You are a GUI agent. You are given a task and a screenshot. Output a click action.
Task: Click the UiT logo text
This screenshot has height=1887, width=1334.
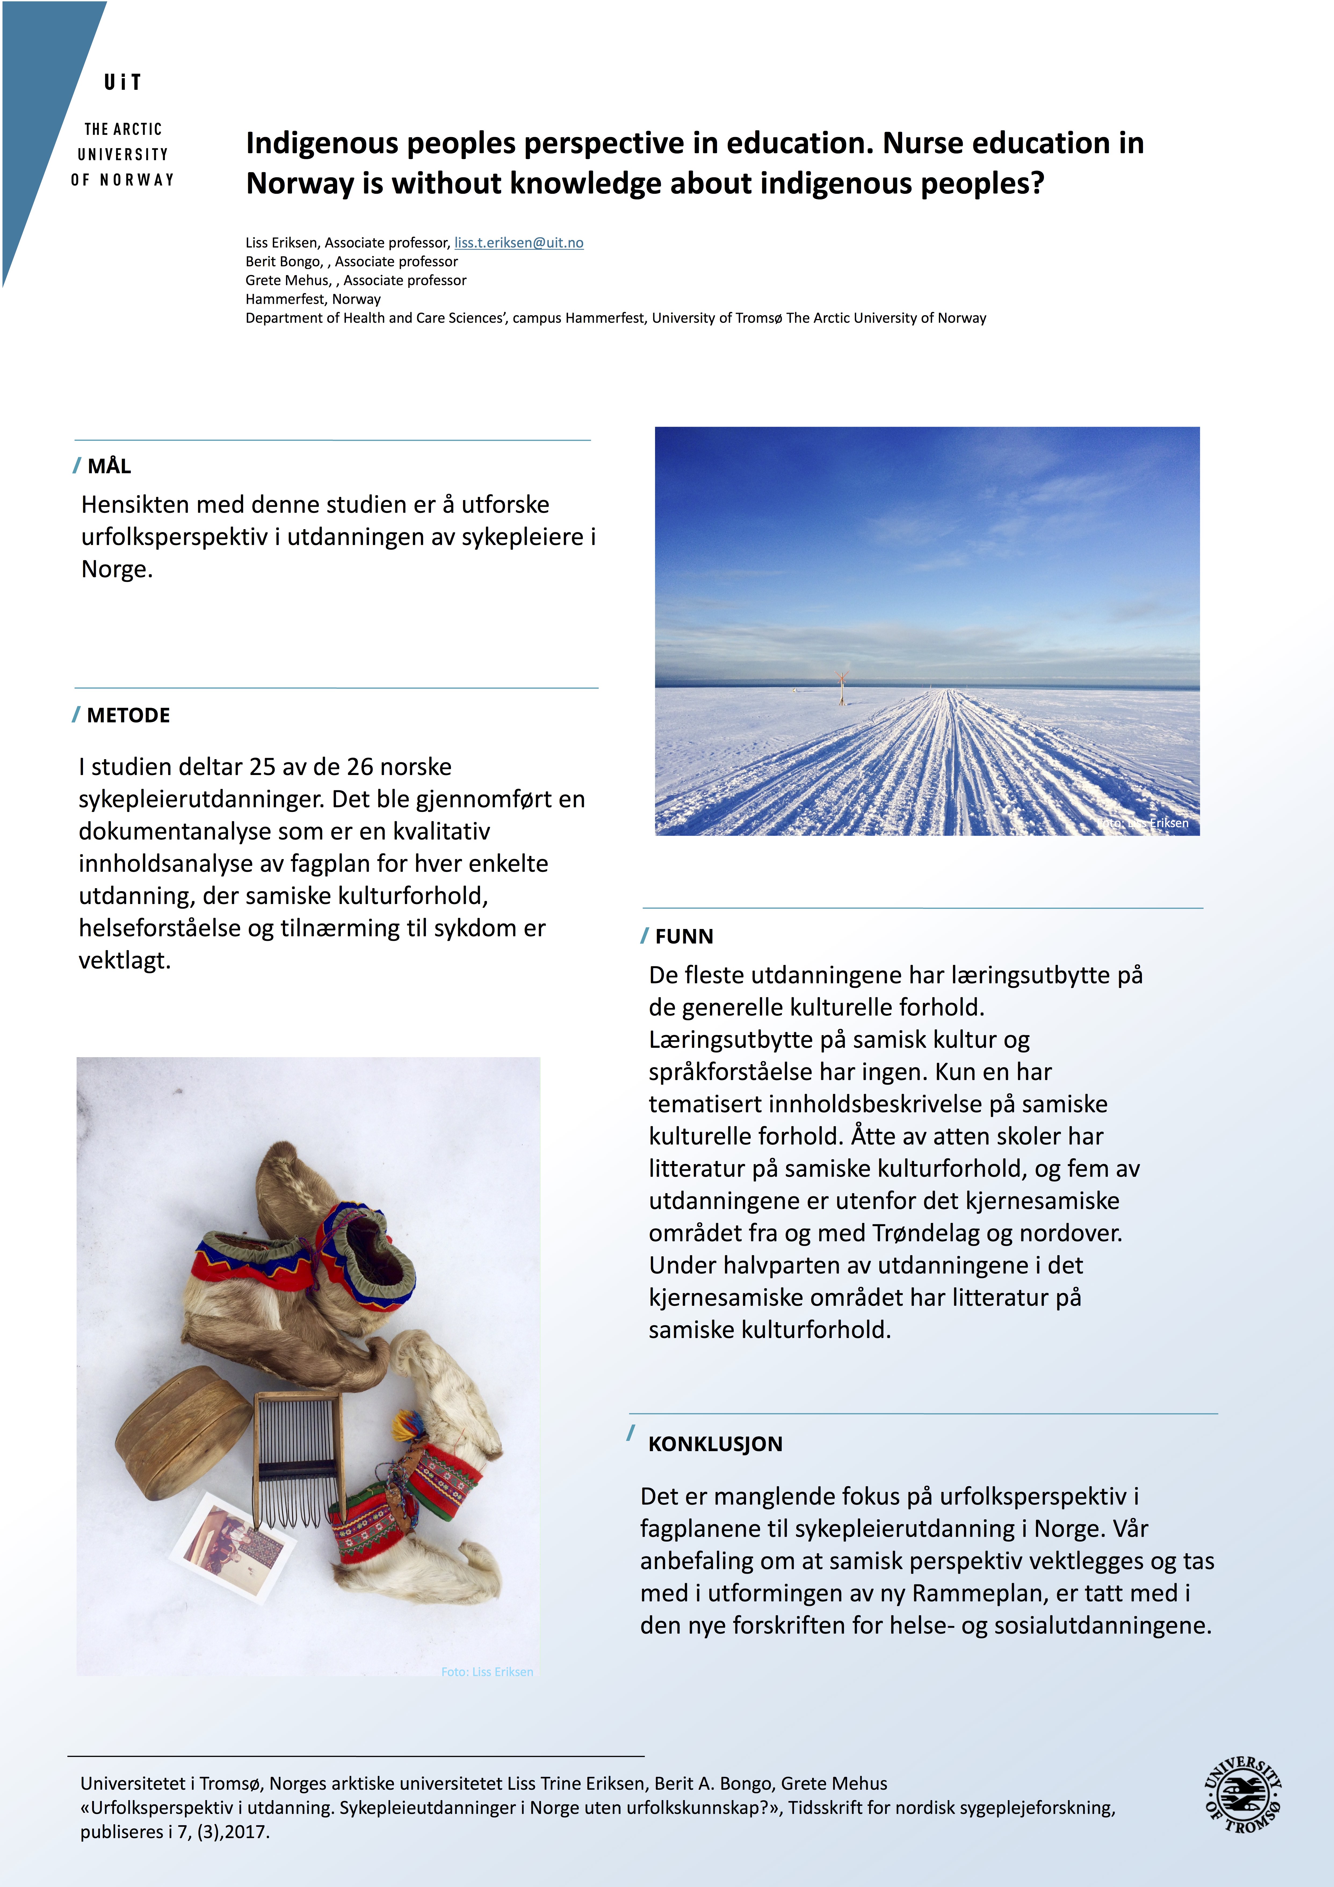click(122, 82)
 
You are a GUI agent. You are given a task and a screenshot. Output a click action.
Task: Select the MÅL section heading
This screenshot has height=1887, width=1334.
click(109, 466)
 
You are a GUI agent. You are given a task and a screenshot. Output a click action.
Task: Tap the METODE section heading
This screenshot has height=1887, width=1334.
click(128, 715)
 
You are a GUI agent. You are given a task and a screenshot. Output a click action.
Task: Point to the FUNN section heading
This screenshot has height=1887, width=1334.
click(684, 936)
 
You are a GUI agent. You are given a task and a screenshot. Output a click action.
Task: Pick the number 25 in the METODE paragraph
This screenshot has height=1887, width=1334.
click(262, 767)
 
